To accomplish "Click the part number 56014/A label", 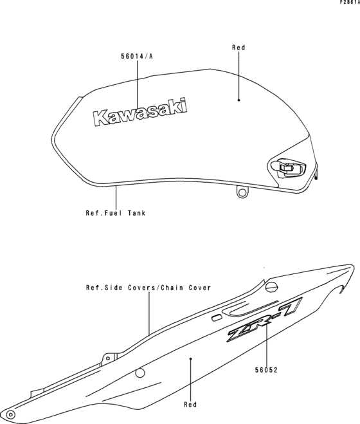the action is [137, 56].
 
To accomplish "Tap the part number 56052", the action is [267, 370].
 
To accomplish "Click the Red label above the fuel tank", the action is [239, 48].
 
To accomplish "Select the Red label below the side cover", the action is [190, 405].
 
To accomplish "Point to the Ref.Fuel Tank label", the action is [116, 213].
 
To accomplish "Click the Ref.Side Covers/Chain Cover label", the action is [148, 288].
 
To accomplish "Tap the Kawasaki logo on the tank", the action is [139, 113].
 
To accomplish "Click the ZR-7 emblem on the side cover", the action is [265, 319].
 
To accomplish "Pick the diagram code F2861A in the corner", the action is [350, 2].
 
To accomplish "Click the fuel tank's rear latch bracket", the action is [288, 168].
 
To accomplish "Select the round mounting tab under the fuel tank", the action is [242, 192].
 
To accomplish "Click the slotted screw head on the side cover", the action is [271, 286].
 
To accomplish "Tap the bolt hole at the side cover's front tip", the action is [11, 414].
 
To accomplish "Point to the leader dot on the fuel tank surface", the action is [239, 100].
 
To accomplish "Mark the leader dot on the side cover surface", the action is [190, 359].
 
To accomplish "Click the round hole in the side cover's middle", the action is [139, 373].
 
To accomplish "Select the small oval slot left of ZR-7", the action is [216, 318].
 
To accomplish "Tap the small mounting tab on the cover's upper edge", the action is [109, 358].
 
